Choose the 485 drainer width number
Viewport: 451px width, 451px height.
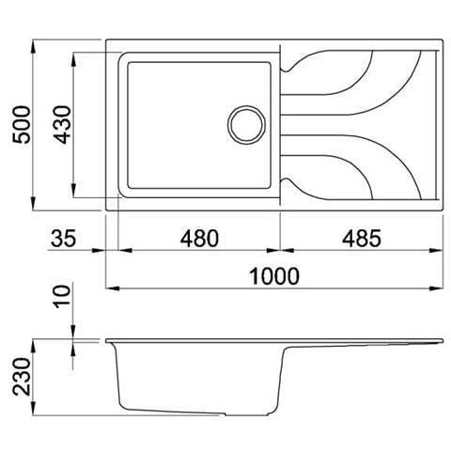tap(361, 239)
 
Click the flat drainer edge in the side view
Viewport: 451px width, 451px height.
tap(366, 339)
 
